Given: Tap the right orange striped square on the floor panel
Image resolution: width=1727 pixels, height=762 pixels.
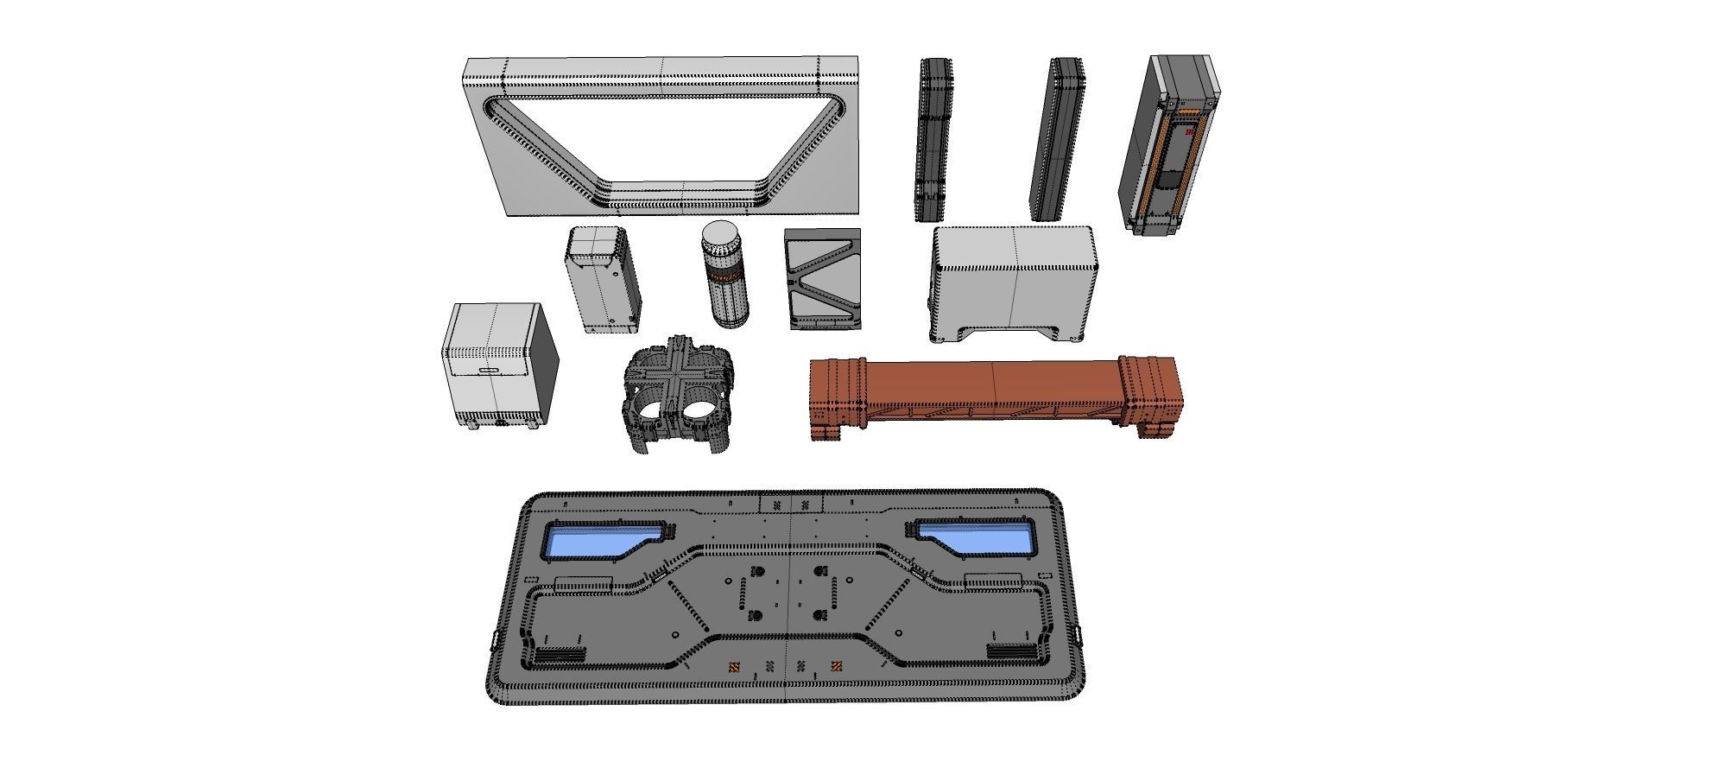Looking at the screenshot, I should pyautogui.click(x=836, y=666).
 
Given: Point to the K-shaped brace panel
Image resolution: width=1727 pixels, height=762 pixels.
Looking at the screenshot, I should pyautogui.click(x=823, y=279).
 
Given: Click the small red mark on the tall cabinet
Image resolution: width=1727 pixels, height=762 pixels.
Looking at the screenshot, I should pyautogui.click(x=1188, y=134).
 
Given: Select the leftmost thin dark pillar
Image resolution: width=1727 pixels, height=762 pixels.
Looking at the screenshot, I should pyautogui.click(x=933, y=138).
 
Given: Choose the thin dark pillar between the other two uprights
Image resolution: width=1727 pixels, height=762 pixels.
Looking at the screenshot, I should pyautogui.click(x=1057, y=138).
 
